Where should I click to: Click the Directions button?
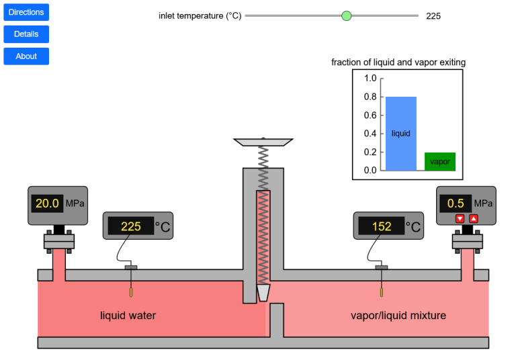[26, 12]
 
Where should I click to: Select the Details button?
[26, 34]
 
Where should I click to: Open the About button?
[26, 56]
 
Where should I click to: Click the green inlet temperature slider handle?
[347, 15]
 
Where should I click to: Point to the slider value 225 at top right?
[433, 16]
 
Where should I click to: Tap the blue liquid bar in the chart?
[401, 133]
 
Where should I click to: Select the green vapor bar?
[440, 161]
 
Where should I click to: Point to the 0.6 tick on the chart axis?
[371, 115]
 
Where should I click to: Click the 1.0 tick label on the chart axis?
[370, 78]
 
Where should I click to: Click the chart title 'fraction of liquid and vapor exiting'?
[398, 62]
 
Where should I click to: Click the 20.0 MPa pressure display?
[48, 203]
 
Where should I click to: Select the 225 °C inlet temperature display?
[131, 226]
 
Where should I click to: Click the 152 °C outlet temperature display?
[382, 226]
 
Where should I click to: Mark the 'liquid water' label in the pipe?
[128, 316]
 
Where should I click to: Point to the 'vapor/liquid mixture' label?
[398, 316]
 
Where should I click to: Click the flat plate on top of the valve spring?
[263, 142]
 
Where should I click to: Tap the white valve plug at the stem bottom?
[263, 293]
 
